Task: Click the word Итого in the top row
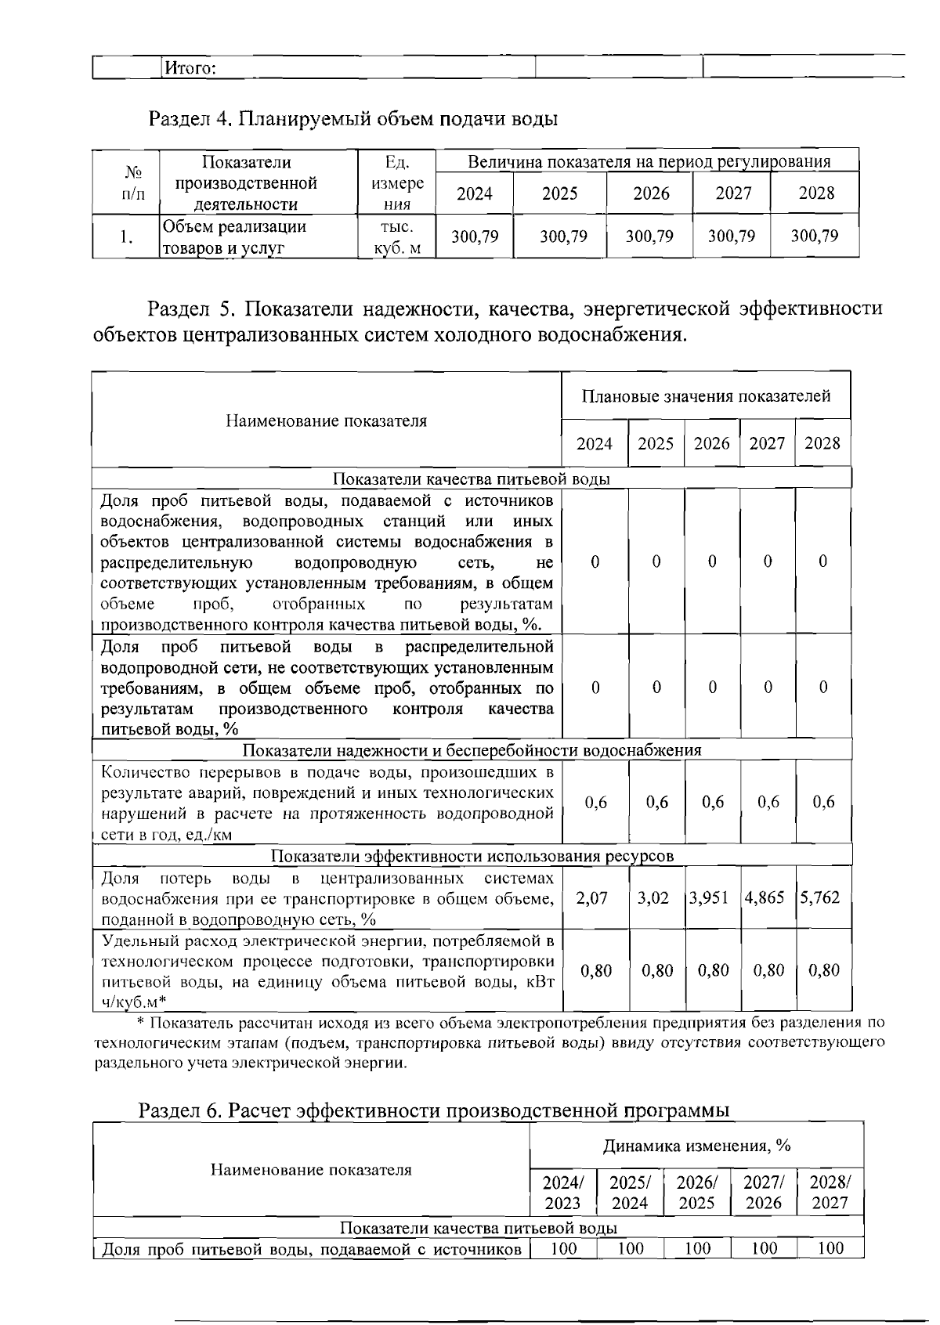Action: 186,68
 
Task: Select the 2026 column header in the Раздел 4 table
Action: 650,193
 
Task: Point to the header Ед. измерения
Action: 398,183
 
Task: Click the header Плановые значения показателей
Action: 706,396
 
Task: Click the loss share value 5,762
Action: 820,897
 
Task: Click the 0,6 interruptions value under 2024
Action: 595,802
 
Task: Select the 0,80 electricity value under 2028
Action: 823,970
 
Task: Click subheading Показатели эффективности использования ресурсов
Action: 472,855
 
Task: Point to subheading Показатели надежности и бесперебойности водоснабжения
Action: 472,749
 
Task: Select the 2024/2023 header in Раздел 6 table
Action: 562,1192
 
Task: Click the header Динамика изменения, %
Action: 696,1146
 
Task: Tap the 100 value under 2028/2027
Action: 830,1248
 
